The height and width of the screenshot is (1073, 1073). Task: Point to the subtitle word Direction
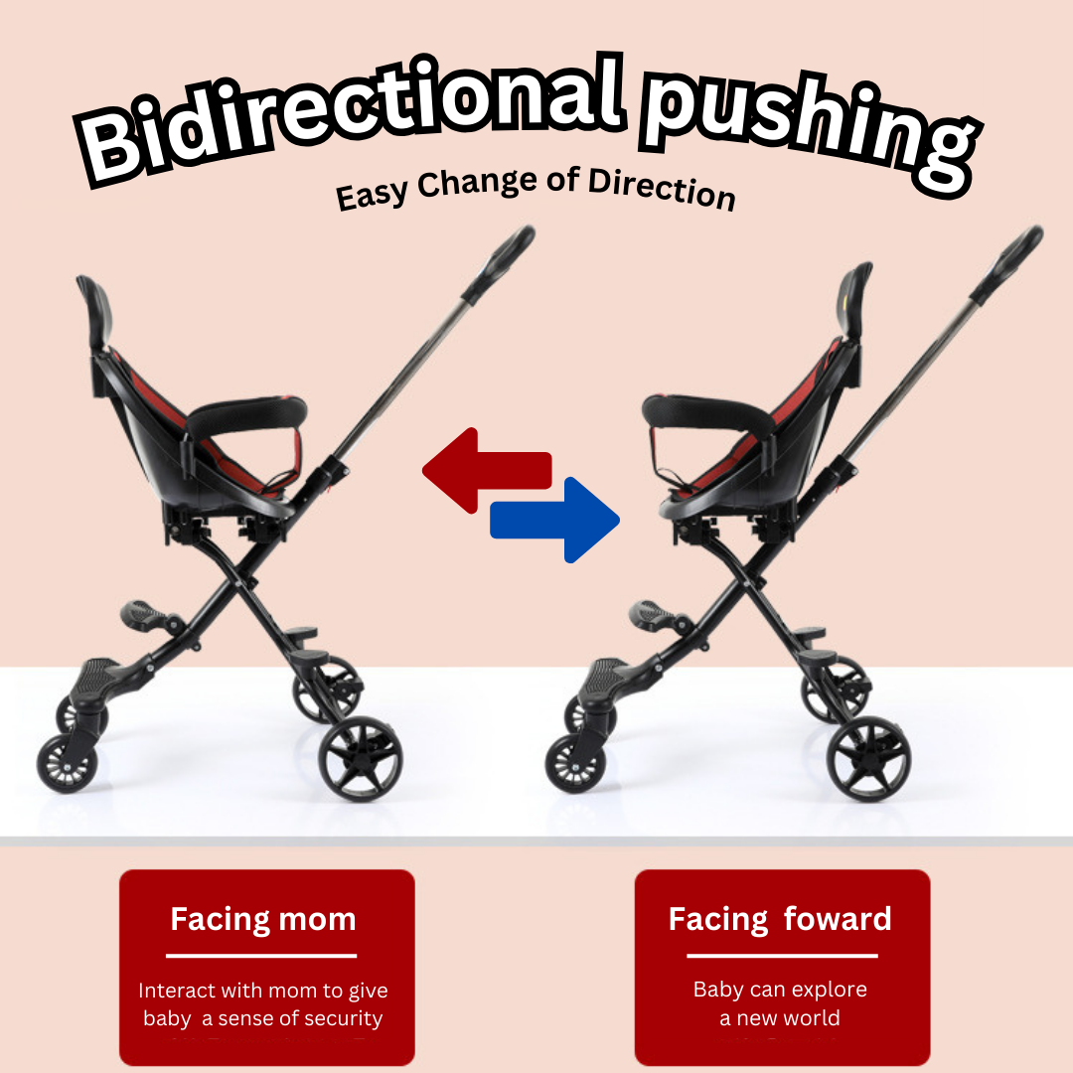(x=662, y=188)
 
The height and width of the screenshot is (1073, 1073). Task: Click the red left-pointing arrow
(x=487, y=471)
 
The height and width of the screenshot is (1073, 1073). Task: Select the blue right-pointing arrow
(x=555, y=520)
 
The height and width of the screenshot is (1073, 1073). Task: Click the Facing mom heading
(x=263, y=920)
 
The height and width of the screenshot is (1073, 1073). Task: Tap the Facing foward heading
(x=780, y=920)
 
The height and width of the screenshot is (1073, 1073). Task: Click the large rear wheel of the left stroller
(x=361, y=759)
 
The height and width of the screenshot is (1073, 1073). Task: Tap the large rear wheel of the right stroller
(x=868, y=759)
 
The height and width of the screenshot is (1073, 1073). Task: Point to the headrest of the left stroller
(x=95, y=312)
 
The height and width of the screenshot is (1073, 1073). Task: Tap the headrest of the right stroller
(x=854, y=301)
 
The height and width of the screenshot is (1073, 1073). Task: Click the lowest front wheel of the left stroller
(x=67, y=763)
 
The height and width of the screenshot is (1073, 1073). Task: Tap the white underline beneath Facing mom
(x=261, y=956)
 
